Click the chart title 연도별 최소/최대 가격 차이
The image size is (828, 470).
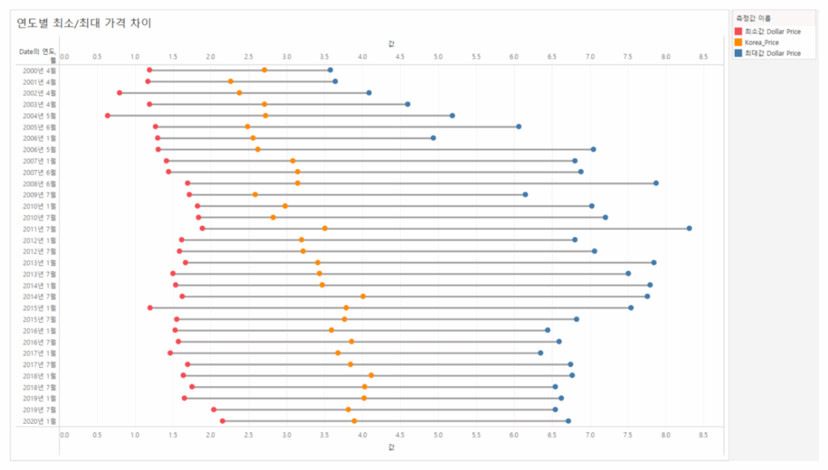click(x=84, y=23)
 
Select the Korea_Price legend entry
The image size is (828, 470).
click(x=761, y=42)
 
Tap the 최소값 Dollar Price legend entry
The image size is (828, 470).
click(x=772, y=32)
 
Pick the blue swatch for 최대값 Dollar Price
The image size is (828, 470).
click(x=737, y=53)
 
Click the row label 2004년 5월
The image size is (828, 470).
click(x=40, y=116)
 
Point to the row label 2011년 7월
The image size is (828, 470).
click(x=40, y=229)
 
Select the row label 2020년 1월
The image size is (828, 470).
click(x=40, y=421)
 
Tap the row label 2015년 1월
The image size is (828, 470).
click(x=40, y=308)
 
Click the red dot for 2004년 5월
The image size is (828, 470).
click(x=108, y=116)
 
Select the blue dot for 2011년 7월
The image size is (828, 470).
click(x=689, y=228)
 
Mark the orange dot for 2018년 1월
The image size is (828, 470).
click(x=371, y=375)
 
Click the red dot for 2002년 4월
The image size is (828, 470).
click(x=120, y=93)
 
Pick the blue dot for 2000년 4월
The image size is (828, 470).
click(x=330, y=70)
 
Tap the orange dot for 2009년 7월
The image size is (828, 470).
click(x=256, y=195)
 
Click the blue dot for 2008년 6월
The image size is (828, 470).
click(x=656, y=184)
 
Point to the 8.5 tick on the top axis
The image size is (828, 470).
click(x=703, y=57)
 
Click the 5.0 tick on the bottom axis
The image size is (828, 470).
click(x=438, y=434)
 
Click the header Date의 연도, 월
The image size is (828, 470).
click(x=38, y=54)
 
